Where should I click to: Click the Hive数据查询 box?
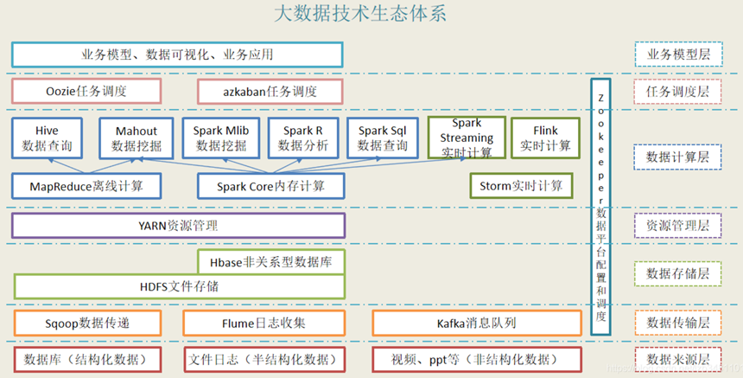point(48,138)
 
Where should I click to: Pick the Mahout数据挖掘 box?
point(136,138)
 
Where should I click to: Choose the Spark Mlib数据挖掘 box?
point(220,138)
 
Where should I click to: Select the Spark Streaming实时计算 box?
point(466,138)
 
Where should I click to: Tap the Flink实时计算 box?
point(546,138)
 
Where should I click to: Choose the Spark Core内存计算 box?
point(271,185)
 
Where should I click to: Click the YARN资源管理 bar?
point(178,226)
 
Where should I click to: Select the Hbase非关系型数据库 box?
point(271,260)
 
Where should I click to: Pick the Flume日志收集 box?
point(257,323)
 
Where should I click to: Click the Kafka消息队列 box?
point(476,323)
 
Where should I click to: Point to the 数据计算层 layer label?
point(677,157)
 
